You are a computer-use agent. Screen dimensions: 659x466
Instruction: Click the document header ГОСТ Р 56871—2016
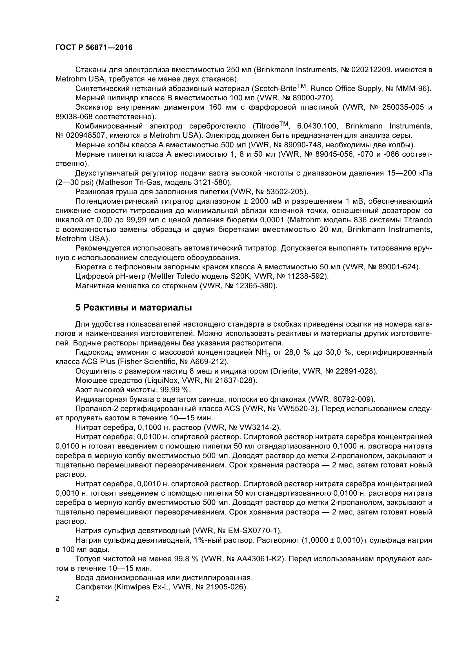(94, 48)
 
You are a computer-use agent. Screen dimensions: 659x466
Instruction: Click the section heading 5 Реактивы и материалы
(134, 308)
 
